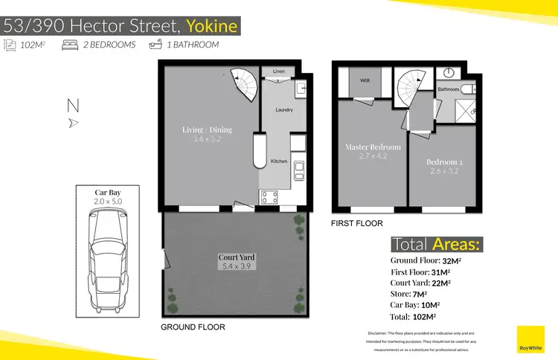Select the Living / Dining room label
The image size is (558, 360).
tap(207, 129)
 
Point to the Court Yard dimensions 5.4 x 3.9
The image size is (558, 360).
tap(237, 266)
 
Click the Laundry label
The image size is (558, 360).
tap(283, 110)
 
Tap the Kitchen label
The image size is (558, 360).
tap(279, 161)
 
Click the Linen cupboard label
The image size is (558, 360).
tap(279, 71)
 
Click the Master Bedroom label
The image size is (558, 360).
tap(373, 147)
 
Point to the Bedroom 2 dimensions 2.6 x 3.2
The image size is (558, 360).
tap(444, 172)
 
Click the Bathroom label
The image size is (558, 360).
tap(448, 89)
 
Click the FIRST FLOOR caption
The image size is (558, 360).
tap(357, 223)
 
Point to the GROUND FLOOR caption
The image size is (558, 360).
tap(193, 327)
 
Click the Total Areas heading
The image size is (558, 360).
tap(436, 244)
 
